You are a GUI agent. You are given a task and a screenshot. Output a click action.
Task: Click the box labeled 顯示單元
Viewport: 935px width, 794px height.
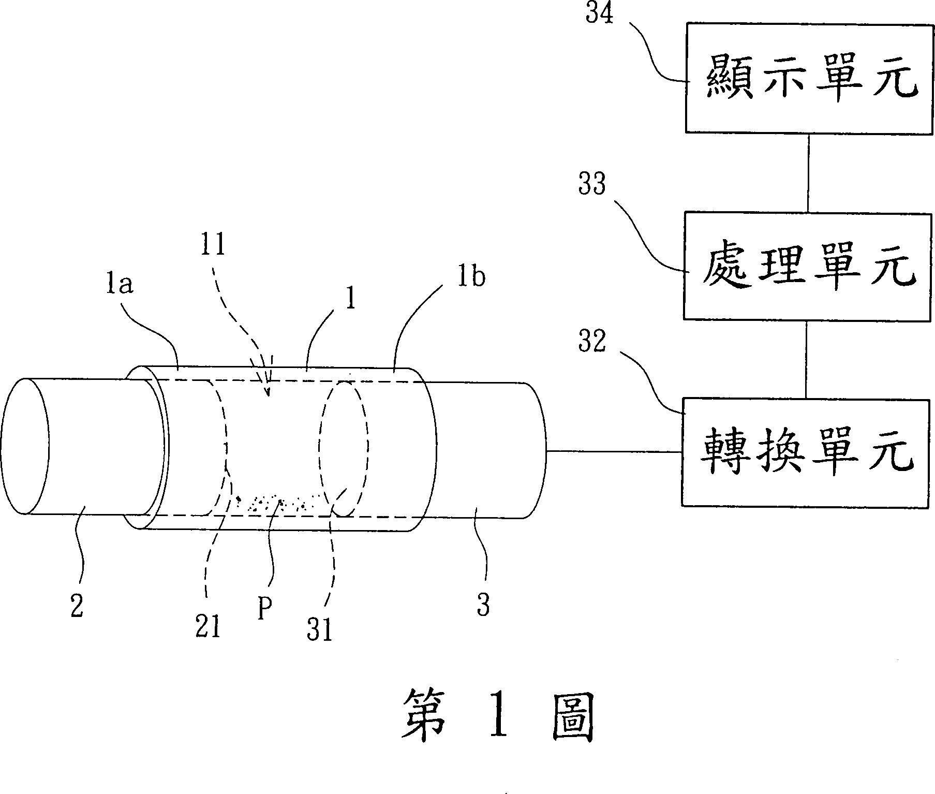809,78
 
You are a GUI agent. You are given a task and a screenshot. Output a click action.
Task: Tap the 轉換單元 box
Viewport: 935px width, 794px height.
805,452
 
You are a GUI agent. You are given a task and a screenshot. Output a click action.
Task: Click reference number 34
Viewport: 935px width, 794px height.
600,14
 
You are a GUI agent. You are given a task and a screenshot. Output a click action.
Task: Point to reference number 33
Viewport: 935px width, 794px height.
592,184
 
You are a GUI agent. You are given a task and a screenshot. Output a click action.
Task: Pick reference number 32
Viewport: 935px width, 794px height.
592,341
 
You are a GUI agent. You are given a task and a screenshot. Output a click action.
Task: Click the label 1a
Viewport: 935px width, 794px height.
120,284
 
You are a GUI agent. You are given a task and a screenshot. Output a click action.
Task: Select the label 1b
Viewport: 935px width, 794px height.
471,277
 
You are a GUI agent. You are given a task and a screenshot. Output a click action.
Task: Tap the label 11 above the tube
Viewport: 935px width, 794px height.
213,244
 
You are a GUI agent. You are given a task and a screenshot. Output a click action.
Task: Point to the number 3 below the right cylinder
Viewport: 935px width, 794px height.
483,605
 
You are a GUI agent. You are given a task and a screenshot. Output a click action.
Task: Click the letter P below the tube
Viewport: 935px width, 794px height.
264,610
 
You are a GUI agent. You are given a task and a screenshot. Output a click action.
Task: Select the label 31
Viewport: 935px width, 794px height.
319,631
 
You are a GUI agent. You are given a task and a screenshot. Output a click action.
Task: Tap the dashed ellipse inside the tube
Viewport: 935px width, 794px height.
344,448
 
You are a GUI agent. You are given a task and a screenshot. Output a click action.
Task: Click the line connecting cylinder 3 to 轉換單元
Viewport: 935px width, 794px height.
614,451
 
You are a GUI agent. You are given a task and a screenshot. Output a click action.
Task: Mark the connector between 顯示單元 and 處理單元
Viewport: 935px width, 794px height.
808,172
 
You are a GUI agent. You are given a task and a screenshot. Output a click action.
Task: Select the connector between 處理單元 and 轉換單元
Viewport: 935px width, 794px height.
806,359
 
